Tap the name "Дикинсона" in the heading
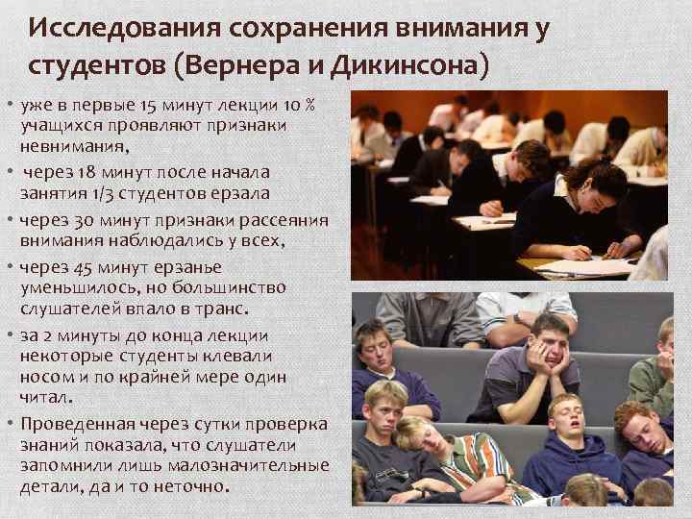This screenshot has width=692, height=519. coord(414,68)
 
